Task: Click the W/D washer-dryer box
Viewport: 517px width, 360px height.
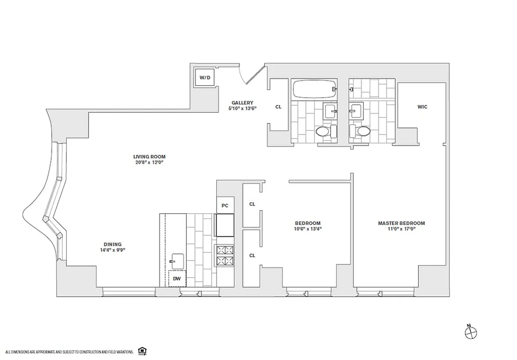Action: pos(205,78)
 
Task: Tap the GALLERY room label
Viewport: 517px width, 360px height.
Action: pos(242,103)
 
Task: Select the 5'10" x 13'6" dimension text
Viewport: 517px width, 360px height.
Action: pos(242,108)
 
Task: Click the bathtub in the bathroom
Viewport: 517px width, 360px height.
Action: pos(314,89)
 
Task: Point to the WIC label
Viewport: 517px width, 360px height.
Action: pos(422,107)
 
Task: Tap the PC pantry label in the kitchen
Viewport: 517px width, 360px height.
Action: pos(225,206)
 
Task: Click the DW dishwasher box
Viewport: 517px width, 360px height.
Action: pos(177,279)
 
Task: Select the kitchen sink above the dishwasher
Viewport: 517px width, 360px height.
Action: pos(177,261)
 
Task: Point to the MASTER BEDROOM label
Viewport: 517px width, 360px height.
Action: pos(401,223)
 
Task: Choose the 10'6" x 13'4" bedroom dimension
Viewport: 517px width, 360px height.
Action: pos(308,229)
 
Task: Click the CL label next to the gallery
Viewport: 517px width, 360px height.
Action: pos(278,107)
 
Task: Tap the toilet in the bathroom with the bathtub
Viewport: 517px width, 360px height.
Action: pos(323,131)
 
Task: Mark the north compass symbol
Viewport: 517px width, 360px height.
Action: pos(470,332)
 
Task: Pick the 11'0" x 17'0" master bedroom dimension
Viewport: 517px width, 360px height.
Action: pos(401,229)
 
